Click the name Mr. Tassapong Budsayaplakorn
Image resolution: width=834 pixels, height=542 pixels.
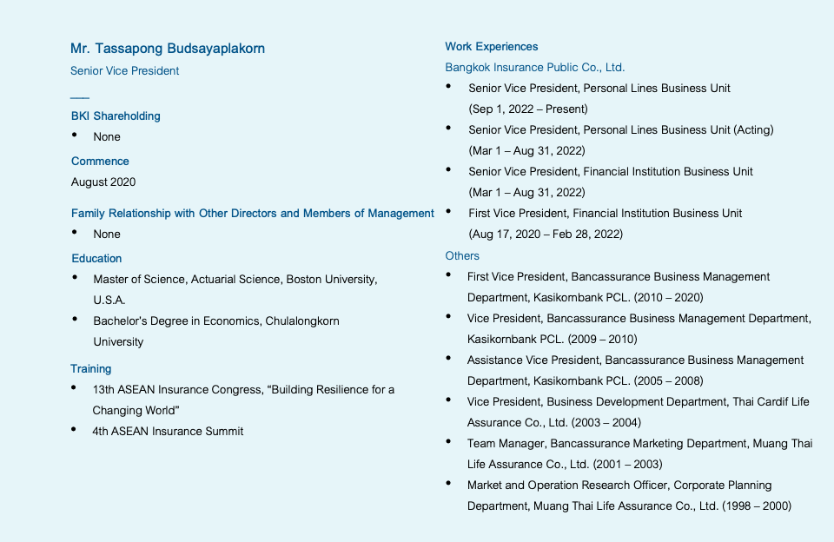coord(168,49)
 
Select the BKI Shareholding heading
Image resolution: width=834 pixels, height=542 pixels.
coord(116,116)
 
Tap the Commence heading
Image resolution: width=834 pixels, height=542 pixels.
coord(100,162)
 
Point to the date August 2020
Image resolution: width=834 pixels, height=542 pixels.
coord(103,182)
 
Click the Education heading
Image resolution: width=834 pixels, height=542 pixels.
coord(96,259)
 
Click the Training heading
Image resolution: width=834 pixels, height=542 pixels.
coord(91,369)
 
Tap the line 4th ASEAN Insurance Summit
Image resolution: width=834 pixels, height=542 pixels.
coord(168,432)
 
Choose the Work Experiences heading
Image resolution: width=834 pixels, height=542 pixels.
coord(492,47)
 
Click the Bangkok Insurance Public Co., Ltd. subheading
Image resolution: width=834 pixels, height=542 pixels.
coord(535,68)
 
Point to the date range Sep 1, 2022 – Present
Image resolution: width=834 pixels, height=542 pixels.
coord(528,109)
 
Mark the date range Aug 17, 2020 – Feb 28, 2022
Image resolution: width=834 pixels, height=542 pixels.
coord(546,235)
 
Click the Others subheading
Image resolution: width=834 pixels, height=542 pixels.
coord(462,256)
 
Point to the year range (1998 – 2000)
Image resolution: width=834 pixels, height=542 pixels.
coord(757,506)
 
